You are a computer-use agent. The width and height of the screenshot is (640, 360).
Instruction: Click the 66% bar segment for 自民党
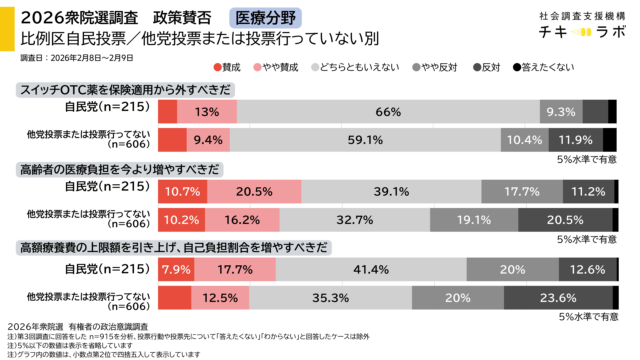click(x=387, y=111)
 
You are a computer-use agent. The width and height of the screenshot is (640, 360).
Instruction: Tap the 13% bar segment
click(x=207, y=111)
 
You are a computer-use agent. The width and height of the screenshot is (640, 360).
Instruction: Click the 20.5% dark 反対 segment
click(x=566, y=218)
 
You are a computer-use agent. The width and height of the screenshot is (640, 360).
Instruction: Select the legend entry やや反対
click(x=447, y=67)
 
